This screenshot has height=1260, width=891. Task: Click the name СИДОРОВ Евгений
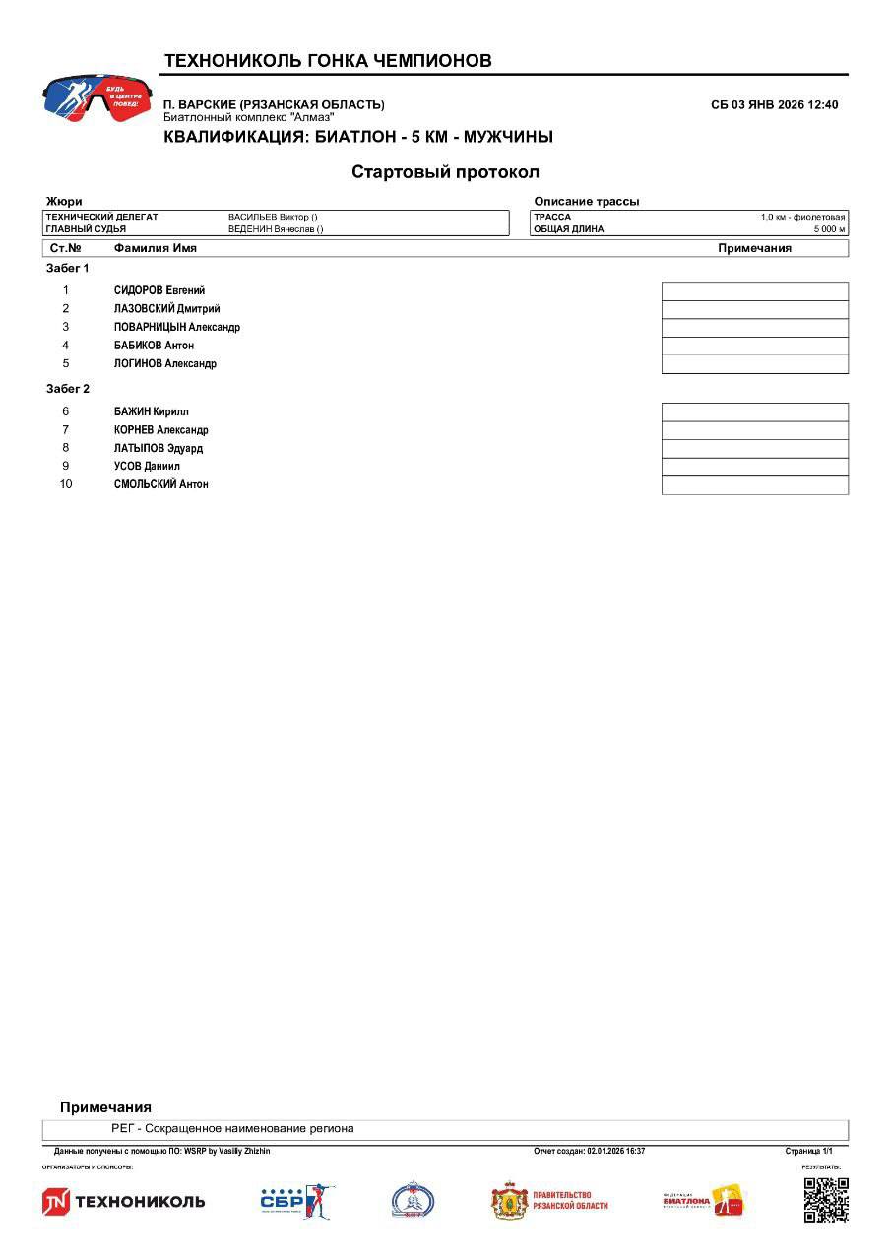[159, 290]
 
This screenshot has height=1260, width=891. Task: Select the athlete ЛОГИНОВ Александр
[164, 363]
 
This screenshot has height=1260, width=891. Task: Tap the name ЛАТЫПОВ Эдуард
[158, 448]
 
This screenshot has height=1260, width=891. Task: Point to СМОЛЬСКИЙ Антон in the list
[160, 484]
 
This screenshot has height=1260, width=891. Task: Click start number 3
[66, 327]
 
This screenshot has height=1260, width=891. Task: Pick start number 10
[66, 484]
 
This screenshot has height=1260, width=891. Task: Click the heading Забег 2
[68, 389]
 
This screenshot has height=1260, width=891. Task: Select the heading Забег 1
[68, 268]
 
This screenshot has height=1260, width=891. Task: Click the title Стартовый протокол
[445, 172]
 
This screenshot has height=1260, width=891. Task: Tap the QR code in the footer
[825, 1199]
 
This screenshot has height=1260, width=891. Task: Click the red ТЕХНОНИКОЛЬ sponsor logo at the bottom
[124, 1201]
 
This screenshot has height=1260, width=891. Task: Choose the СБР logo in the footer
[296, 1201]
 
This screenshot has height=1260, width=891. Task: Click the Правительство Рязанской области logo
[549, 1201]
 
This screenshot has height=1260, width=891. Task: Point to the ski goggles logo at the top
[96, 99]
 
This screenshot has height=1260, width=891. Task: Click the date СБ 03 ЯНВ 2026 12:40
[774, 105]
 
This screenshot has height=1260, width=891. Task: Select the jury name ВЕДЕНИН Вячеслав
[276, 229]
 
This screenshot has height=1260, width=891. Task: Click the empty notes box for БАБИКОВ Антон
[754, 346]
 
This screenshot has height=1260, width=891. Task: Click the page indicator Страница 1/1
[808, 1151]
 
